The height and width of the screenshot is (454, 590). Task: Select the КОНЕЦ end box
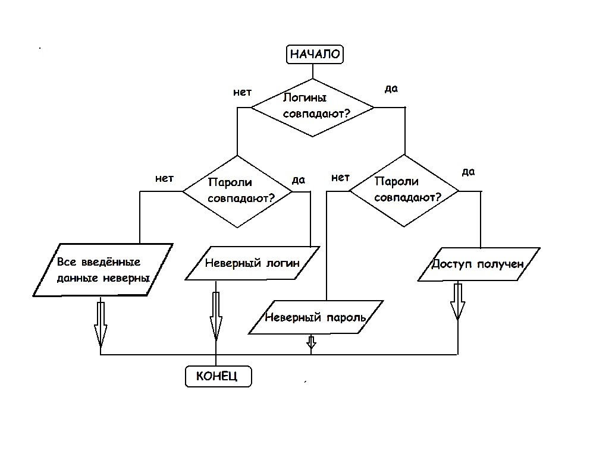tap(216, 376)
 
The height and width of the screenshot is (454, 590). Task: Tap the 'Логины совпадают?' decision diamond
tap(313, 107)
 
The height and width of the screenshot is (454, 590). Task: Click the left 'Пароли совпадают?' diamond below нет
tap(237, 191)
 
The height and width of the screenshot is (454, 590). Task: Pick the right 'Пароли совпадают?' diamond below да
tap(404, 191)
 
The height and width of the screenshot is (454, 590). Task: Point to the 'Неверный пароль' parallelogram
tap(315, 317)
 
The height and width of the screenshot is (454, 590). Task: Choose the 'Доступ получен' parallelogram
tap(479, 263)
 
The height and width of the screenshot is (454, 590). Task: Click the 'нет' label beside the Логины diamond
tap(242, 93)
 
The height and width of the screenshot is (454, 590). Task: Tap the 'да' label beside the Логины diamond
tap(391, 89)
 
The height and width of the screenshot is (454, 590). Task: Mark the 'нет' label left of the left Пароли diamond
tap(164, 178)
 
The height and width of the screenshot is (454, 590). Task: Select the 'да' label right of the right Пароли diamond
tap(468, 172)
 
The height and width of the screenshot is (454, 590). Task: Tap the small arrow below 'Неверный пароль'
tap(311, 342)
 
